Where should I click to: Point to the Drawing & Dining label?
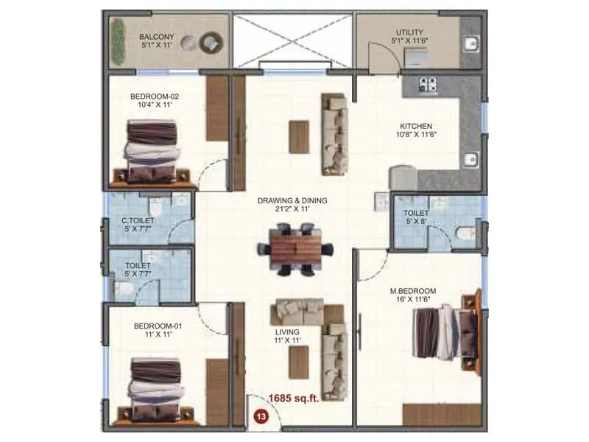292,200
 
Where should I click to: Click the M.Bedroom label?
413,292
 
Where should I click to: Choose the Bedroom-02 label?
155,96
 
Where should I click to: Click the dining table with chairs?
301,250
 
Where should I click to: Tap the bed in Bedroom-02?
153,151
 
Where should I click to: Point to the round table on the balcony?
211,43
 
